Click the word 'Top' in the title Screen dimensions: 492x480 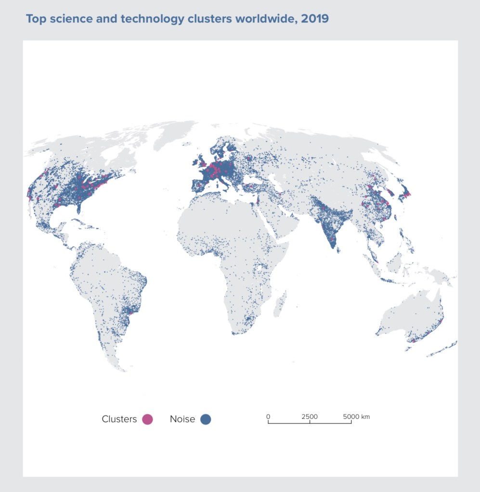(x=36, y=19)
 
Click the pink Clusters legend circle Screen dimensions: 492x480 (x=147, y=419)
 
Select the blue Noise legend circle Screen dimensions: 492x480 (x=206, y=419)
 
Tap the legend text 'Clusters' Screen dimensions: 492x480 (x=119, y=419)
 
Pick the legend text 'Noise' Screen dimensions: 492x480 (x=182, y=419)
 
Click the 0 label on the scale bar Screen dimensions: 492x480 (x=268, y=417)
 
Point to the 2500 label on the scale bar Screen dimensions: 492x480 (x=310, y=417)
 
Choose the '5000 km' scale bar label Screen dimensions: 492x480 (x=356, y=417)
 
